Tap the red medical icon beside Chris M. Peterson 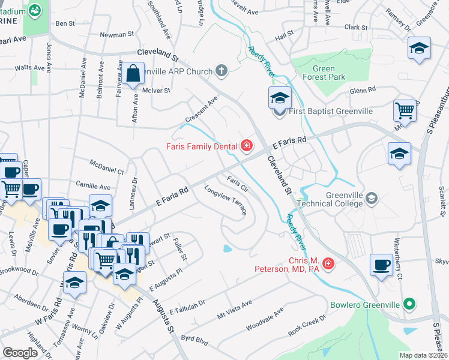coord(328,263)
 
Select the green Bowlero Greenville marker coord(409,304)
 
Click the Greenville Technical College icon coord(372,199)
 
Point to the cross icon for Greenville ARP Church coord(221,71)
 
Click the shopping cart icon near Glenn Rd coord(405,110)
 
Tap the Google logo coord(20,352)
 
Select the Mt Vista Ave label coord(235,310)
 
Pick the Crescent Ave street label coord(201,110)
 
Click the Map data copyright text coord(423,355)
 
